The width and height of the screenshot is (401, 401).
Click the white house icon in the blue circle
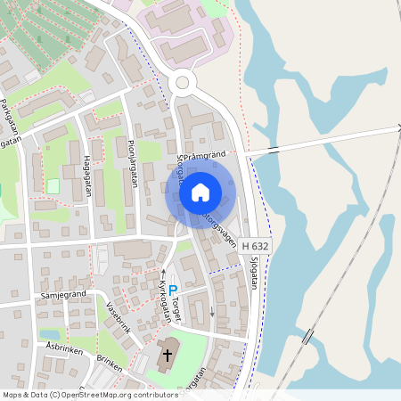[x=200, y=192]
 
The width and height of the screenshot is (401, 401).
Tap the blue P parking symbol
[x=174, y=290]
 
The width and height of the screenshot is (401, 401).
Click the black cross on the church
[x=167, y=358]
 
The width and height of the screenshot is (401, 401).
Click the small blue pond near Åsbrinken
[x=48, y=335]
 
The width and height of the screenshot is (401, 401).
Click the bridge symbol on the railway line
[x=307, y=337]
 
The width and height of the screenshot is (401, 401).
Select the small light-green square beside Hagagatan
[x=53, y=185]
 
